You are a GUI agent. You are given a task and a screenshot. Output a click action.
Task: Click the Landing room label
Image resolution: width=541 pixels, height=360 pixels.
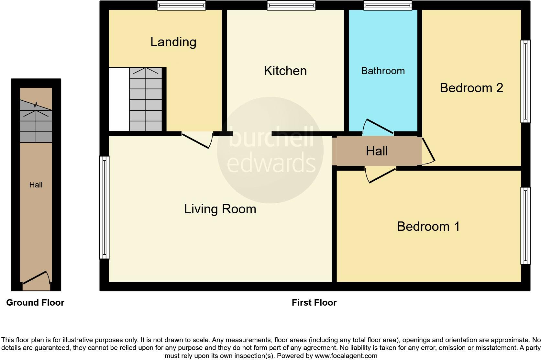[x=173, y=42]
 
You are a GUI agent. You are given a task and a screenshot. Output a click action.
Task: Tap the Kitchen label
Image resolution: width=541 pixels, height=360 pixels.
[x=285, y=71]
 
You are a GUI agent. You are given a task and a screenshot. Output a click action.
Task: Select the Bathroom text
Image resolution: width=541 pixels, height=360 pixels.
[x=383, y=71]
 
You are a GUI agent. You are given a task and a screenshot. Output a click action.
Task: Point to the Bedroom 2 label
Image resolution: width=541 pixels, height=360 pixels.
[x=471, y=88]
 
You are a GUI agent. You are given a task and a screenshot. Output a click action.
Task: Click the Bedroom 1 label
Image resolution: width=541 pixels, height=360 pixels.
[x=428, y=226]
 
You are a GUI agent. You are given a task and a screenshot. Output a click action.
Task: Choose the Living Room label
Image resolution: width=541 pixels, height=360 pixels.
[x=220, y=209]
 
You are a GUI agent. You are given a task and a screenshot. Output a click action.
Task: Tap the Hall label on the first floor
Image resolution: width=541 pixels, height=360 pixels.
[x=377, y=151]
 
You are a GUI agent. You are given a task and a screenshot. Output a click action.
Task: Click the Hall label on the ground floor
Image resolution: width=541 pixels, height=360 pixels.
[x=36, y=185]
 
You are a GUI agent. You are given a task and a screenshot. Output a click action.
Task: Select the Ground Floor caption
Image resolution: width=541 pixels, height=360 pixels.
[x=35, y=302]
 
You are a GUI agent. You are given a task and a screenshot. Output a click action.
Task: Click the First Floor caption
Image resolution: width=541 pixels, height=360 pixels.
[x=314, y=302]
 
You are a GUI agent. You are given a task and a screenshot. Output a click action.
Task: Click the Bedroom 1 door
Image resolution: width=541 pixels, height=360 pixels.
[x=382, y=175]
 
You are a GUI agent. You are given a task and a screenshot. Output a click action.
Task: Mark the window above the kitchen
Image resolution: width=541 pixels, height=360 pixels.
[x=291, y=6]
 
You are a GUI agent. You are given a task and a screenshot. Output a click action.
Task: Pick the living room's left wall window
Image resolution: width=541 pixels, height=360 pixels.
[x=104, y=207]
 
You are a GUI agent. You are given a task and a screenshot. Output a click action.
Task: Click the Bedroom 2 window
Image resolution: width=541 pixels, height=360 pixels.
[x=525, y=81]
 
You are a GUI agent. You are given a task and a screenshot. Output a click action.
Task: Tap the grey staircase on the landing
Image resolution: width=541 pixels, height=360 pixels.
[x=146, y=99]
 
